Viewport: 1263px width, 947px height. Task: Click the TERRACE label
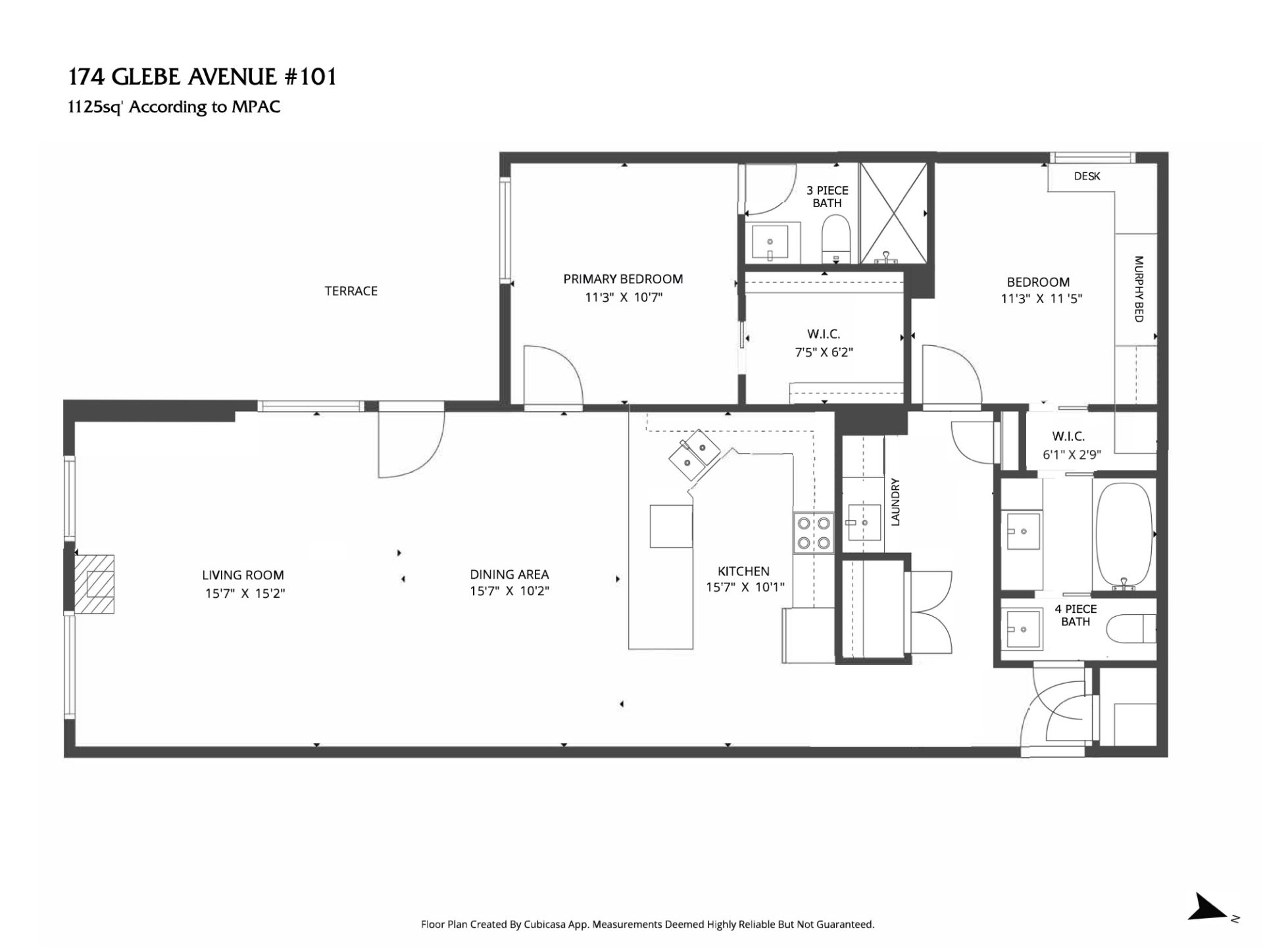351,291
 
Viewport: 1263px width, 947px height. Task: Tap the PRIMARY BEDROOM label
623,279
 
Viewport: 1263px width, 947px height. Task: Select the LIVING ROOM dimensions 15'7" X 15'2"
245,593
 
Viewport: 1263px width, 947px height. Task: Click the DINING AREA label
509,574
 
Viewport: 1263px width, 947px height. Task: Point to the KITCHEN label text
743,571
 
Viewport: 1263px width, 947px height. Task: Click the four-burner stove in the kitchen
814,533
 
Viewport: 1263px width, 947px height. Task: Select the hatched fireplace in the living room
94,585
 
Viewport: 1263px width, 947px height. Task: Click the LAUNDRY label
895,502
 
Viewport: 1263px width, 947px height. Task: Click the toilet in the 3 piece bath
836,241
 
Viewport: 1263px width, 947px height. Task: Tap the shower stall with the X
893,214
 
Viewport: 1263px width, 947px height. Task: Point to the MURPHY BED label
1139,289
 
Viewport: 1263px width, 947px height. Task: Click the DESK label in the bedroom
1087,176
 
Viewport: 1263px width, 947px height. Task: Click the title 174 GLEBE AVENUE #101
203,77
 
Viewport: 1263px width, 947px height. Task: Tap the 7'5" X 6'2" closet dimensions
824,352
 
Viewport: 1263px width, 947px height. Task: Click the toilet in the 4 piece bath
1131,628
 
